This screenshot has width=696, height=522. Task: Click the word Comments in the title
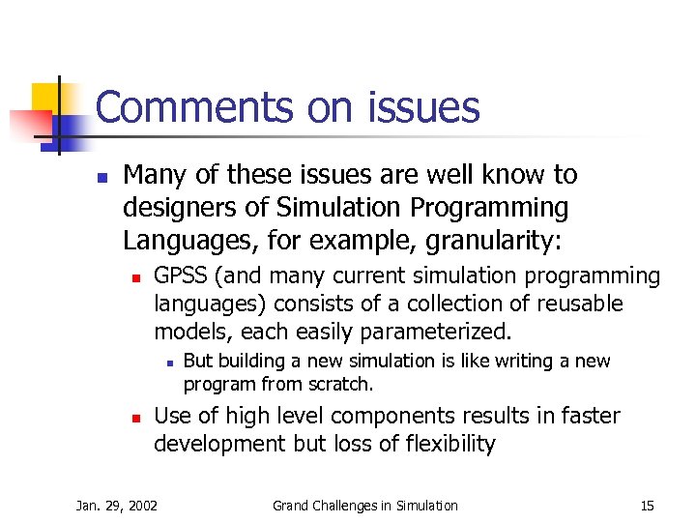pos(197,107)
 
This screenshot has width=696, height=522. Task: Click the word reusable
pos(576,304)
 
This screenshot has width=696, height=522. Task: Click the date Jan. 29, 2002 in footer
pos(117,505)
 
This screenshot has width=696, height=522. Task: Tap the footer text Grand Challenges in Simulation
pos(364,505)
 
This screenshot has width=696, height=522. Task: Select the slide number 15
pos(647,505)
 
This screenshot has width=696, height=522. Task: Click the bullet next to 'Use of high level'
pos(137,418)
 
